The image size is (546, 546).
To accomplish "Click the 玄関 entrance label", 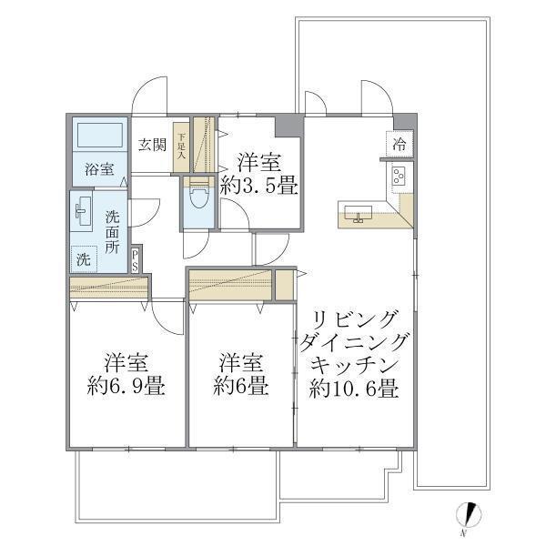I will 151,144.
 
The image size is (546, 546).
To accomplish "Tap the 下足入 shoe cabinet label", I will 181,147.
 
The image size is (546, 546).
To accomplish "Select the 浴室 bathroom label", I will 99,169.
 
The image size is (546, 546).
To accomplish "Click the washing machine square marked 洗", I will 84,259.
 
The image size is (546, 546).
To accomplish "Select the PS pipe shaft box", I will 135,259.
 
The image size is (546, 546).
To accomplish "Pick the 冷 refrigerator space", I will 400,144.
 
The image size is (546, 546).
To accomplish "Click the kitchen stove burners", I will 399,175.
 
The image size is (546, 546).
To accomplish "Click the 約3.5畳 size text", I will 259,188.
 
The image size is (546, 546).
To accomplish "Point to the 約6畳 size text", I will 241,386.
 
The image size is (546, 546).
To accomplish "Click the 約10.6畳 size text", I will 353,389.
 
